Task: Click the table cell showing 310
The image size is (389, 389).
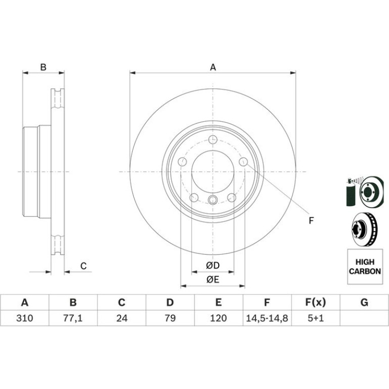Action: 25,318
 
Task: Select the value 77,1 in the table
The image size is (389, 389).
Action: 73,318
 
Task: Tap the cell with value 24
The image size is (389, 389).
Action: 122,318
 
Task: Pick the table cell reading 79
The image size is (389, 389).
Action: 170,318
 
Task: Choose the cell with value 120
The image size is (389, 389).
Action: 219,318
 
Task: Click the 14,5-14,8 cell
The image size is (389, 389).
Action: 267,318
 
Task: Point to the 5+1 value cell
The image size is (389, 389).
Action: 316,318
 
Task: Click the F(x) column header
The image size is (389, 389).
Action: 316,303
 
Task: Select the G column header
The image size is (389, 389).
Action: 364,303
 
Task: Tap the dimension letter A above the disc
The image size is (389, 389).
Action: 213,67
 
